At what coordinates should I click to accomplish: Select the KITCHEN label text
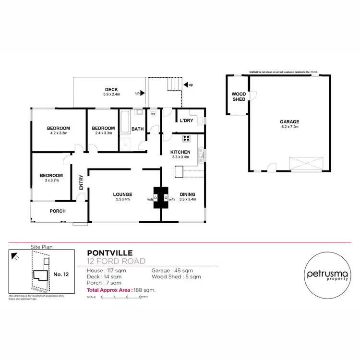(x=180, y=152)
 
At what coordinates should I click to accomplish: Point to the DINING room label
(x=187, y=194)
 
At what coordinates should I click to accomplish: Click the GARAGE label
(x=289, y=122)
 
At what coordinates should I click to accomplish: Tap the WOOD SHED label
(x=239, y=96)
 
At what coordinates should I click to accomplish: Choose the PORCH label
(x=58, y=211)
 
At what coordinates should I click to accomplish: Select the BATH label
(x=138, y=129)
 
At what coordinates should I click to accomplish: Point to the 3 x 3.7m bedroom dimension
(x=51, y=180)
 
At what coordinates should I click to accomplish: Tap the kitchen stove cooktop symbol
(x=186, y=139)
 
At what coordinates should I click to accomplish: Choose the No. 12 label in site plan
(x=60, y=275)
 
